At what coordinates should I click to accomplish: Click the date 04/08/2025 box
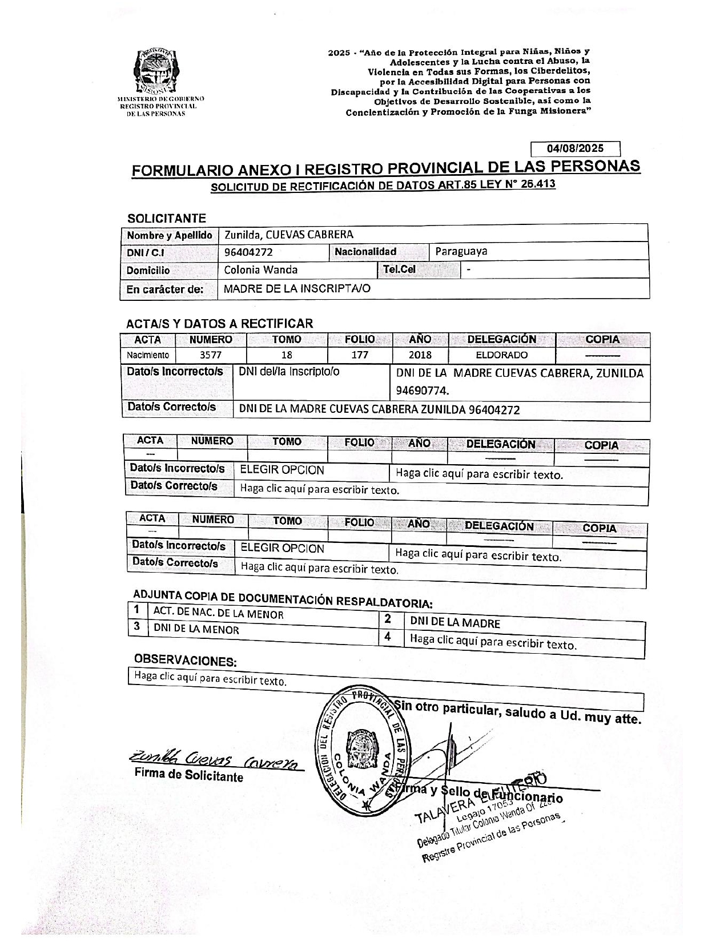click(x=575, y=148)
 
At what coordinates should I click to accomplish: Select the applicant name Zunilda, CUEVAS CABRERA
click(x=288, y=234)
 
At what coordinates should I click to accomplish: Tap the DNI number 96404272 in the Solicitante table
click(x=248, y=252)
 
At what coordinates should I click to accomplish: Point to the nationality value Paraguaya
click(x=461, y=251)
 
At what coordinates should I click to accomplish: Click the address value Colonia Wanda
click(x=260, y=269)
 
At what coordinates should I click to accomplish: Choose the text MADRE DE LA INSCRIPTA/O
click(x=297, y=288)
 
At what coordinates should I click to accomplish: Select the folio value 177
click(x=359, y=355)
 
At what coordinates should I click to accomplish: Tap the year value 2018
click(x=420, y=355)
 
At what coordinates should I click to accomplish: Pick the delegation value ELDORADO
click(x=501, y=355)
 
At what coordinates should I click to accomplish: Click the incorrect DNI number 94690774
click(x=423, y=391)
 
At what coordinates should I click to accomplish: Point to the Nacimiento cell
click(x=147, y=355)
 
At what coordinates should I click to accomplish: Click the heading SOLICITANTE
click(x=166, y=218)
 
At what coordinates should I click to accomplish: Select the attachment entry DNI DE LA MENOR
click(x=196, y=629)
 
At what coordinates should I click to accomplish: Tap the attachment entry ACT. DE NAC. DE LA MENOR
click(x=218, y=614)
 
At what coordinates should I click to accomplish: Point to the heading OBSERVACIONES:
click(x=185, y=661)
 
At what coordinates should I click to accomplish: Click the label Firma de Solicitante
click(x=188, y=776)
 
